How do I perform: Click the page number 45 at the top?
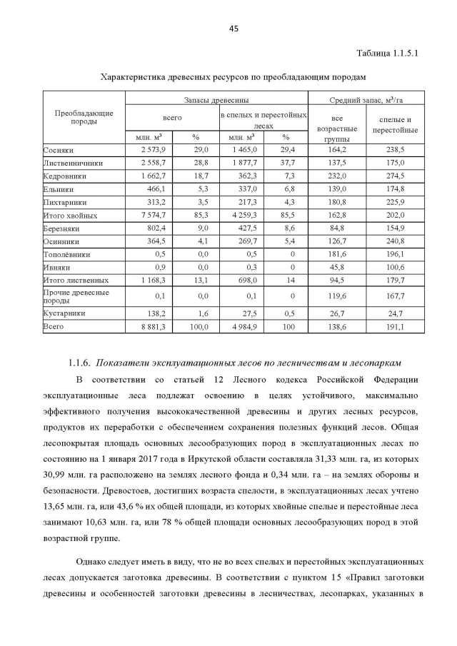(233, 29)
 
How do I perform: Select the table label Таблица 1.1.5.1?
(386, 53)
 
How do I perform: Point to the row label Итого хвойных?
(70, 215)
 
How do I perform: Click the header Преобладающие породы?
(84, 117)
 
